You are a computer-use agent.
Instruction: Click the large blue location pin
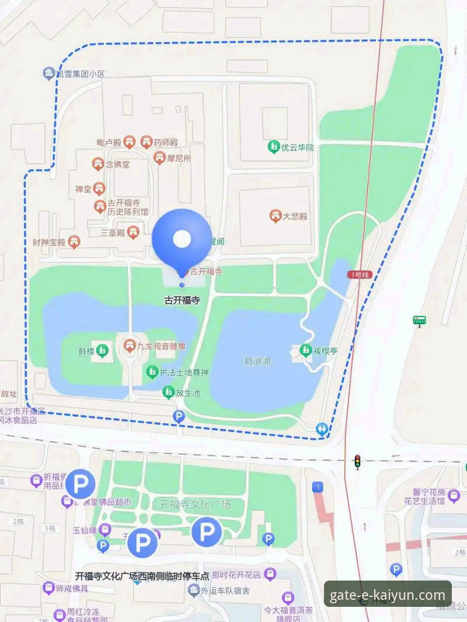tap(182, 239)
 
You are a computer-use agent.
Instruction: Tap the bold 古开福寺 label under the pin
tap(182, 301)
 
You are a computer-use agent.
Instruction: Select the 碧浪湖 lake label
tap(257, 362)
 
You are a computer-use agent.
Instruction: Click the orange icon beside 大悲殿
tap(276, 216)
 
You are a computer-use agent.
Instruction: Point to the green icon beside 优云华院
tap(273, 148)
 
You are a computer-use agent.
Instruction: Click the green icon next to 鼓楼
tap(103, 351)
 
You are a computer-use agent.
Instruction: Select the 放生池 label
tap(188, 393)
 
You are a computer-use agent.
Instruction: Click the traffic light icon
tap(357, 462)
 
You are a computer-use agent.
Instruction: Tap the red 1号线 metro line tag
tap(359, 274)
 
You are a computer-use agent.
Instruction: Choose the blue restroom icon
tap(321, 429)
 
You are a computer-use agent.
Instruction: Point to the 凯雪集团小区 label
tap(81, 74)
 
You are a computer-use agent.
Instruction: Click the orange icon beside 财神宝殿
tap(74, 242)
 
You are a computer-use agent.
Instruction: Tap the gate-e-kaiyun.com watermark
tap(387, 595)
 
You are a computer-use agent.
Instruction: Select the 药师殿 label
tap(166, 142)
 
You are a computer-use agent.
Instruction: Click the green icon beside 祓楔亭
tap(305, 351)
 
